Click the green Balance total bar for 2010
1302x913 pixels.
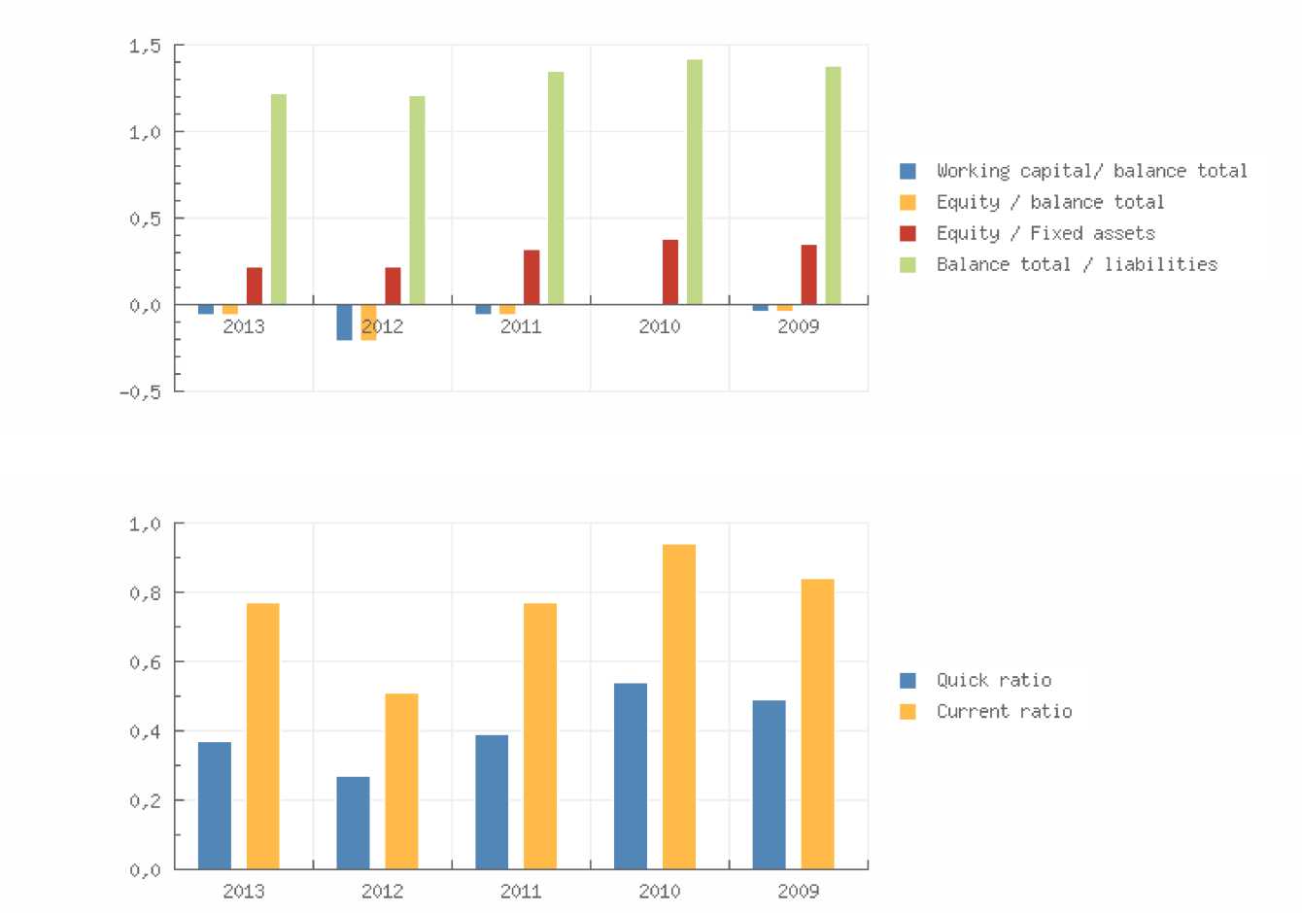(x=695, y=183)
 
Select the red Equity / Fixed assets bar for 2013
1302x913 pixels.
(x=255, y=286)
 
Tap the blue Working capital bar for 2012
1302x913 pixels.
(x=344, y=321)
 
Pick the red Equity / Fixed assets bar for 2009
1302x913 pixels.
(x=808, y=275)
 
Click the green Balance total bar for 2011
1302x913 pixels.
(x=556, y=188)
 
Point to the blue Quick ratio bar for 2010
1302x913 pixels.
(x=631, y=776)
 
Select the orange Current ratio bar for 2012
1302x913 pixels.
(x=401, y=781)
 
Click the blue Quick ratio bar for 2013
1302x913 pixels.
(x=215, y=805)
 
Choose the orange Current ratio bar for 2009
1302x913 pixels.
(x=817, y=724)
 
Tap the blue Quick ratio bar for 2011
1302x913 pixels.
(x=492, y=801)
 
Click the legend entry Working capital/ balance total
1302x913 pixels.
(x=1091, y=171)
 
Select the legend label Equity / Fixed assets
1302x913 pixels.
(x=1045, y=233)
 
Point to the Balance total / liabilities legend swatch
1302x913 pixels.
(x=908, y=264)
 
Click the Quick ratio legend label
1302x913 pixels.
(x=994, y=680)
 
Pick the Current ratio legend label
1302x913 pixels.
(x=1005, y=711)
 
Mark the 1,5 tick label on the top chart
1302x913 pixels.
(x=145, y=46)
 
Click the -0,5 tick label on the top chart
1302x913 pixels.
(x=141, y=391)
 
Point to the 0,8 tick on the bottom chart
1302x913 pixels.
(x=145, y=592)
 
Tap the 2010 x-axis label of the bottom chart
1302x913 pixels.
(x=660, y=891)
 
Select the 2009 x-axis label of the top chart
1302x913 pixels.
(x=799, y=326)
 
